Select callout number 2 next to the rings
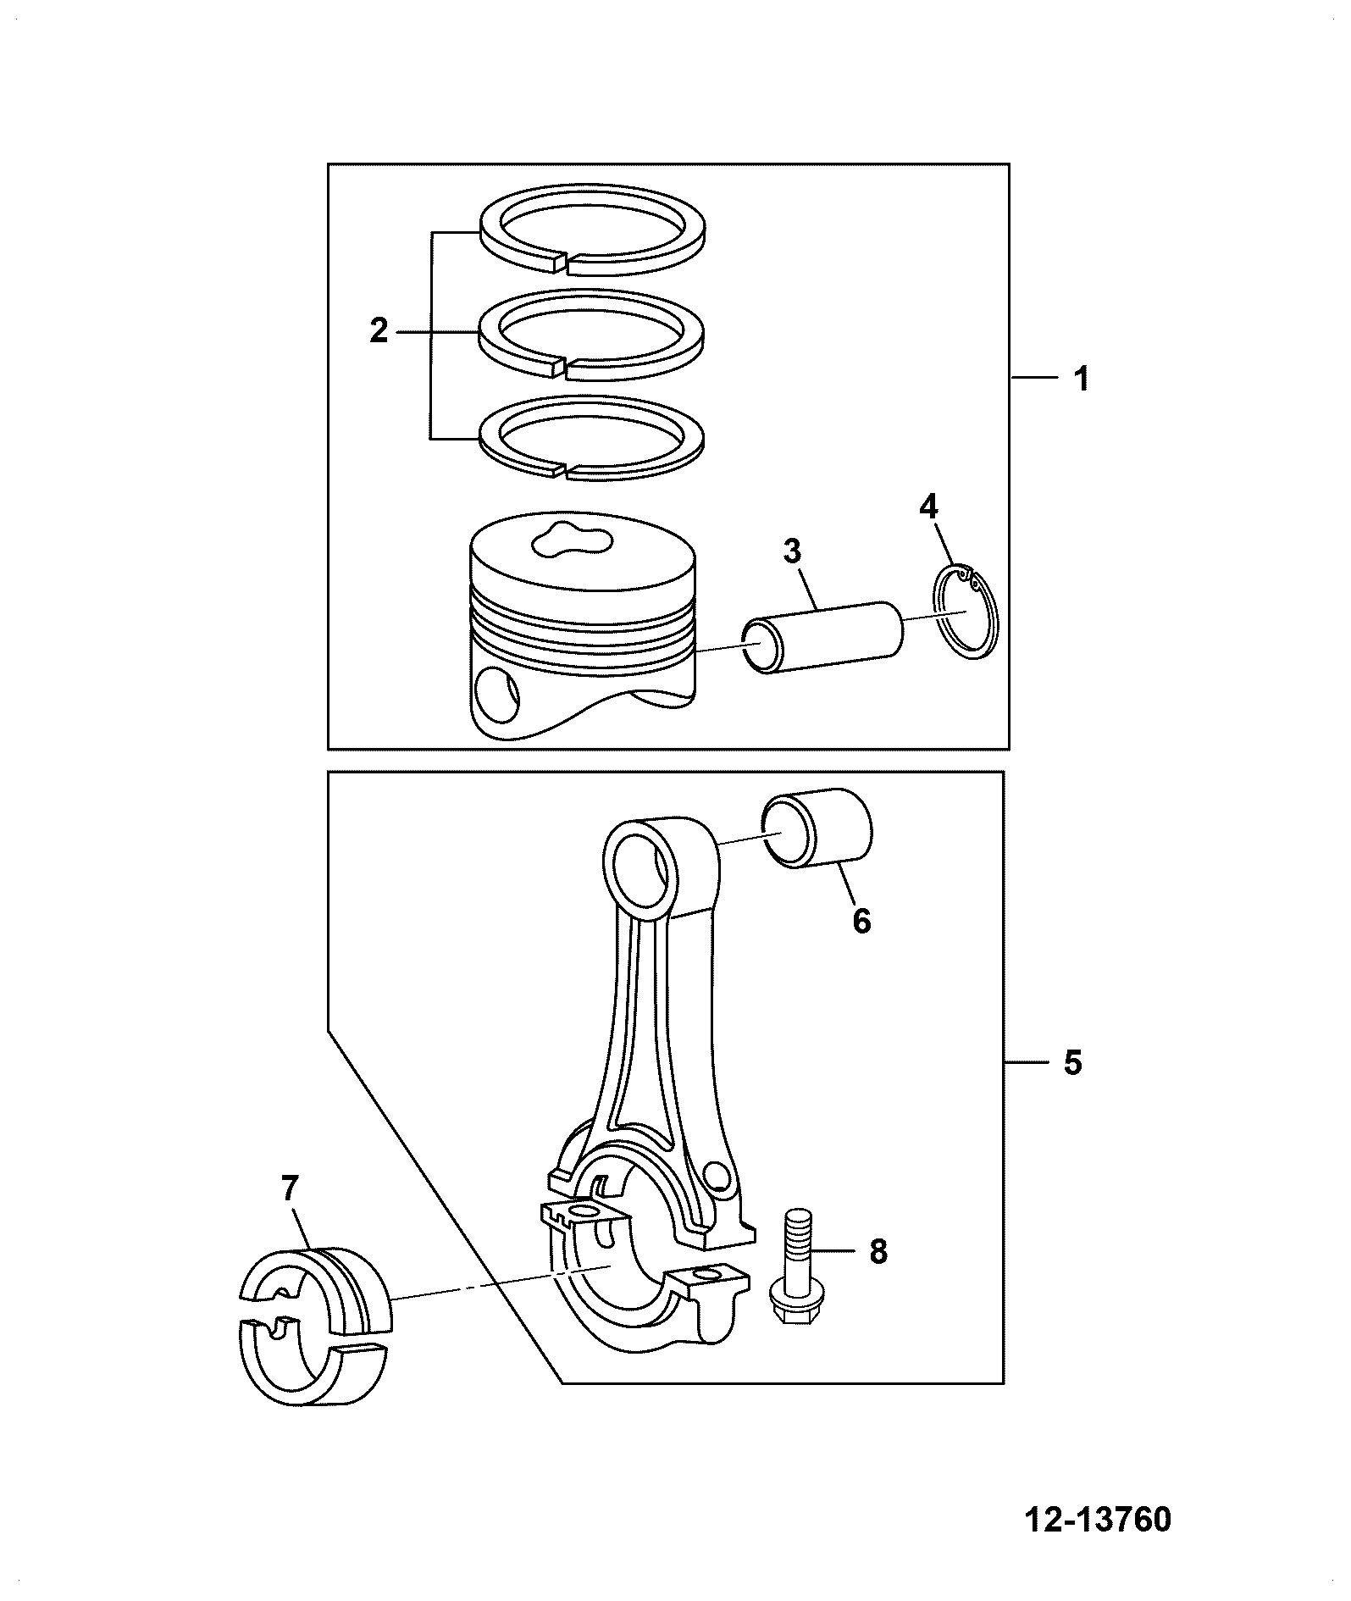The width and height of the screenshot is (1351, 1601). (379, 330)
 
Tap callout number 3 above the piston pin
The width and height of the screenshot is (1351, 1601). (791, 551)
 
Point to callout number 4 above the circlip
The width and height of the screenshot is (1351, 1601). (928, 507)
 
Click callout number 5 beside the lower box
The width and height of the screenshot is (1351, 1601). (1073, 1062)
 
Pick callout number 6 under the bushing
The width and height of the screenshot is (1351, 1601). (861, 921)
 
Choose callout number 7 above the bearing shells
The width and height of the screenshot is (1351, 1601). (290, 1189)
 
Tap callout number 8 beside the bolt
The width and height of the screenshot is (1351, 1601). (878, 1250)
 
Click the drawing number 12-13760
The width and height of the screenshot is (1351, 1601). (1099, 1520)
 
